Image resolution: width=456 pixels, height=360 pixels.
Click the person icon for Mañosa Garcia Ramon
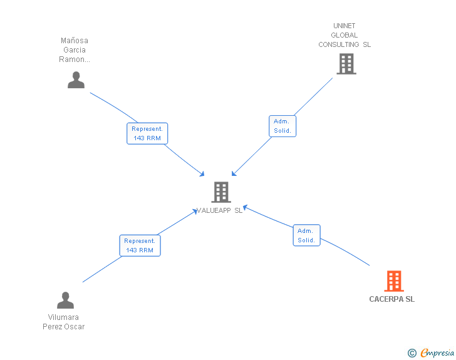[76, 80]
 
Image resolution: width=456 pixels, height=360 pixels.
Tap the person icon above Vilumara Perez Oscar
[66, 301]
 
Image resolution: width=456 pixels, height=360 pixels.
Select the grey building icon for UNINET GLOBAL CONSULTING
[346, 64]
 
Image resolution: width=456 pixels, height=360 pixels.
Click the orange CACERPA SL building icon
[393, 281]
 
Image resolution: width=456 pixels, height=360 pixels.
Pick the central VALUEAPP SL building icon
[220, 192]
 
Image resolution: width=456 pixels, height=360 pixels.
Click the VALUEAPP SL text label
[220, 211]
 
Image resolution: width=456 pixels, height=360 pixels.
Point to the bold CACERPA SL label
[391, 299]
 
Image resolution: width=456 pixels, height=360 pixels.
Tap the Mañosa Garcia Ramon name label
[75, 50]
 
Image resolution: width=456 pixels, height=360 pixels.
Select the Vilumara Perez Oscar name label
[64, 322]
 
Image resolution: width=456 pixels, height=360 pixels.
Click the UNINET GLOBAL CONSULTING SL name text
[345, 35]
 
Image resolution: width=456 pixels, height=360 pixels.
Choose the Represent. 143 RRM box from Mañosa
[147, 133]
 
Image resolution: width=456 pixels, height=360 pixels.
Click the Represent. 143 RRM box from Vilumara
[140, 245]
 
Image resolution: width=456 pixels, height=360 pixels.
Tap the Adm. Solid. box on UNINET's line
[282, 126]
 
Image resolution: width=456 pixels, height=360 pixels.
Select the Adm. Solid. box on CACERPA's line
[306, 235]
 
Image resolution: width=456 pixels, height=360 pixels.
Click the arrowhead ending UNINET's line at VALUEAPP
[234, 173]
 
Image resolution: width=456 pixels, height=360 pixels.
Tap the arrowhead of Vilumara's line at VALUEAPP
[196, 211]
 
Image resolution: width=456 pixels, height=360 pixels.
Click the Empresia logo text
[437, 353]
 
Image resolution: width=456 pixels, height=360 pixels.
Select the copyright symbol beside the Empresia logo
[412, 353]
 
